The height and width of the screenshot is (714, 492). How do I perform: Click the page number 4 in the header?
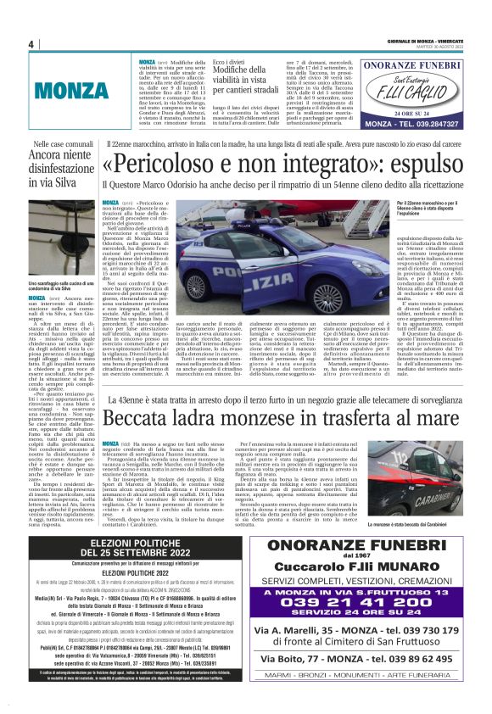tap(31, 44)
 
